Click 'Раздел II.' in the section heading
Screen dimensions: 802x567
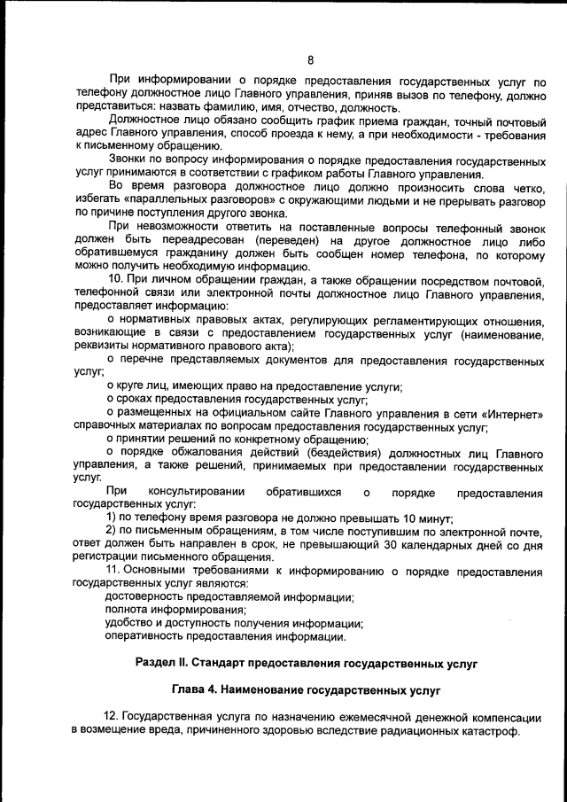coord(165,662)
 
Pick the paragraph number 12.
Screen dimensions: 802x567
coord(111,717)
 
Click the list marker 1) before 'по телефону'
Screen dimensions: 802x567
coord(112,518)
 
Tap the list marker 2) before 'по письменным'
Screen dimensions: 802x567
coord(112,532)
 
